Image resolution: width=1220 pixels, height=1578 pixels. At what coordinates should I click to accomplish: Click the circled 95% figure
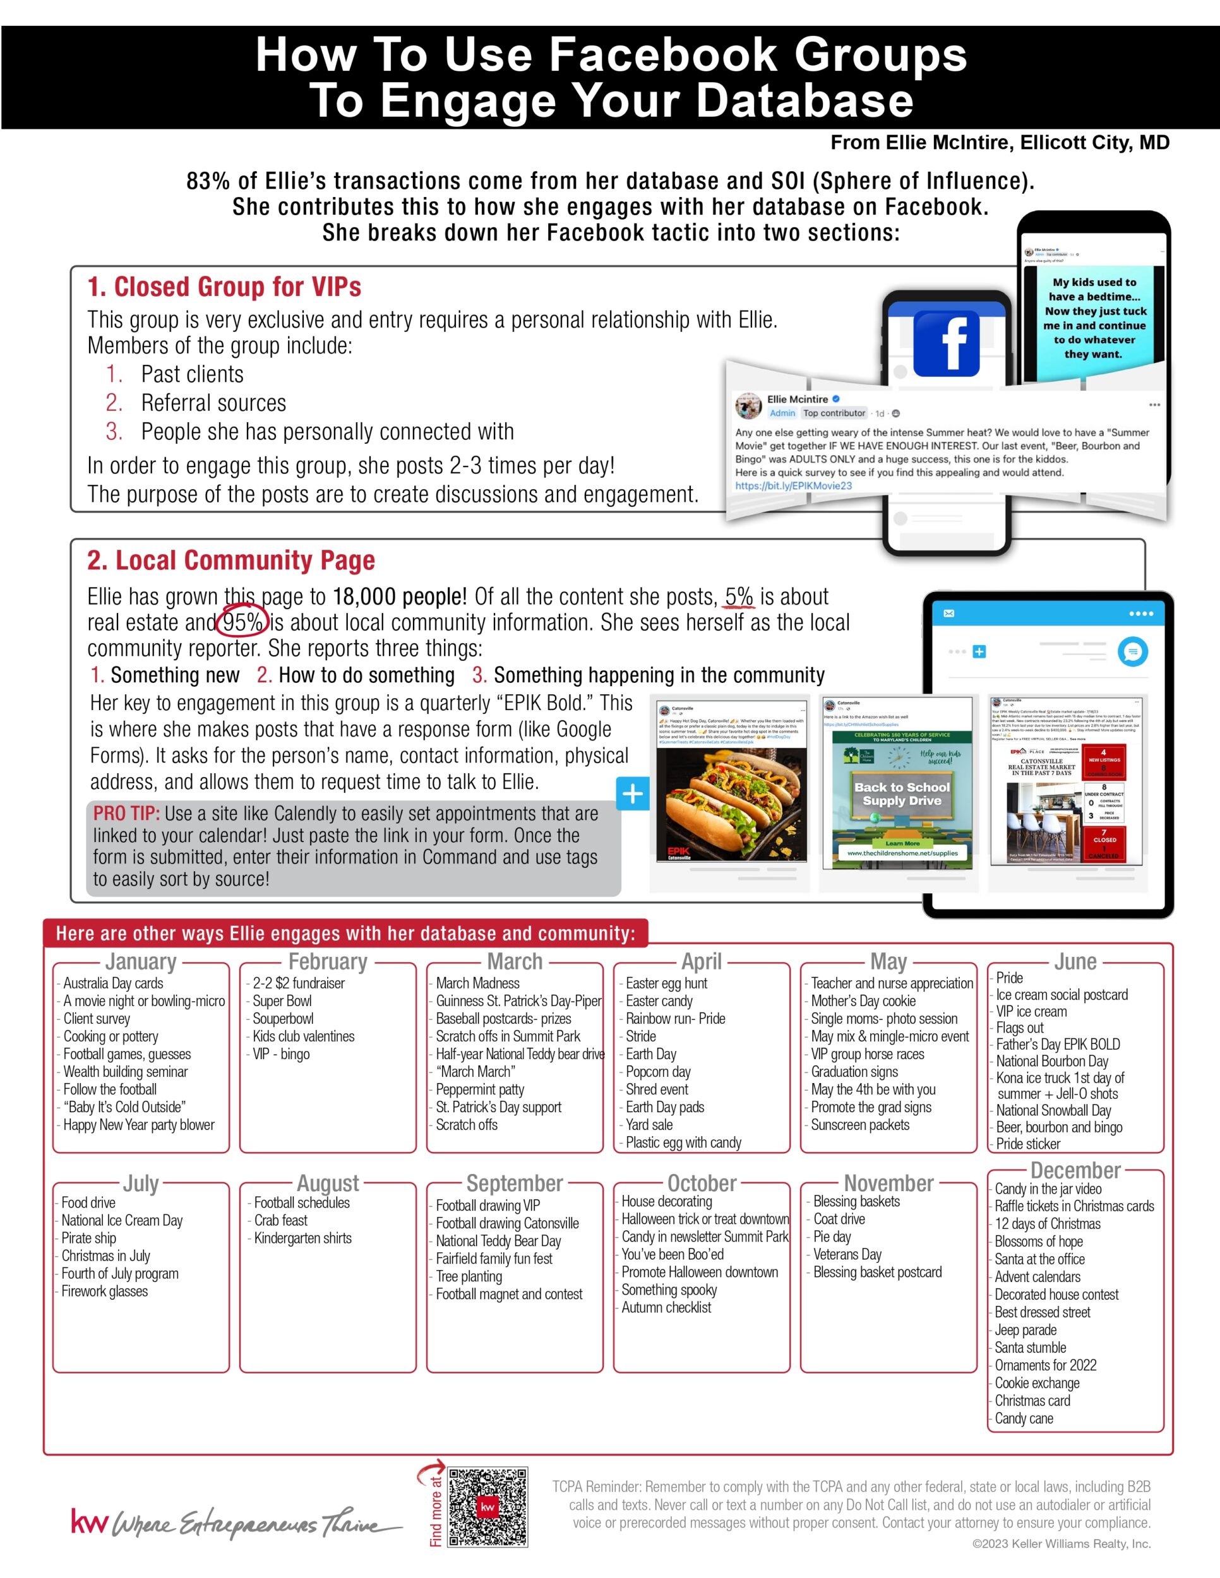242,622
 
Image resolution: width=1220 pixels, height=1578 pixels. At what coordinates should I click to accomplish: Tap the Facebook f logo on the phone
946,343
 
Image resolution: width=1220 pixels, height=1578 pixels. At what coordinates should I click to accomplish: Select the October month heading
702,1183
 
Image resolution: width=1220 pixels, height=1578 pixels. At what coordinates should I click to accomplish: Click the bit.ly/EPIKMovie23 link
793,485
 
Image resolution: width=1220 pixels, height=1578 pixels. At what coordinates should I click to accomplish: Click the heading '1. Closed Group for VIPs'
224,287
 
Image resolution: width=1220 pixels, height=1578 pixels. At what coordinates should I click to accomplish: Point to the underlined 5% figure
739,597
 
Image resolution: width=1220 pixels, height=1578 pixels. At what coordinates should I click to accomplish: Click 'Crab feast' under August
280,1220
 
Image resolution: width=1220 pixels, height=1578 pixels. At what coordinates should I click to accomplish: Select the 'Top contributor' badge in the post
834,413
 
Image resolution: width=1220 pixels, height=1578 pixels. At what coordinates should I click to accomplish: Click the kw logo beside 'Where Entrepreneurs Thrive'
89,1522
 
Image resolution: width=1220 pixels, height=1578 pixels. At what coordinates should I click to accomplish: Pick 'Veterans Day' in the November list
847,1254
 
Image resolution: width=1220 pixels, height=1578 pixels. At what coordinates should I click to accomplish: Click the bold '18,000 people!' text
400,597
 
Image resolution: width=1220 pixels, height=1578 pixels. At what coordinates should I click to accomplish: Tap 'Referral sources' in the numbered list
213,403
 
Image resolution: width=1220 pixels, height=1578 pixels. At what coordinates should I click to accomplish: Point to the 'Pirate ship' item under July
88,1238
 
